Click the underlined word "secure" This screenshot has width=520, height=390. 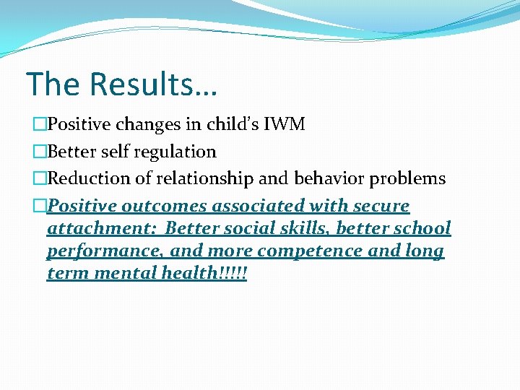pyautogui.click(x=379, y=207)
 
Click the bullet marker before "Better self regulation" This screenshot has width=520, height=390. pyautogui.click(x=40, y=152)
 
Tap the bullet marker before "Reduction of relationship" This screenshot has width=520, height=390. pyautogui.click(x=40, y=178)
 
